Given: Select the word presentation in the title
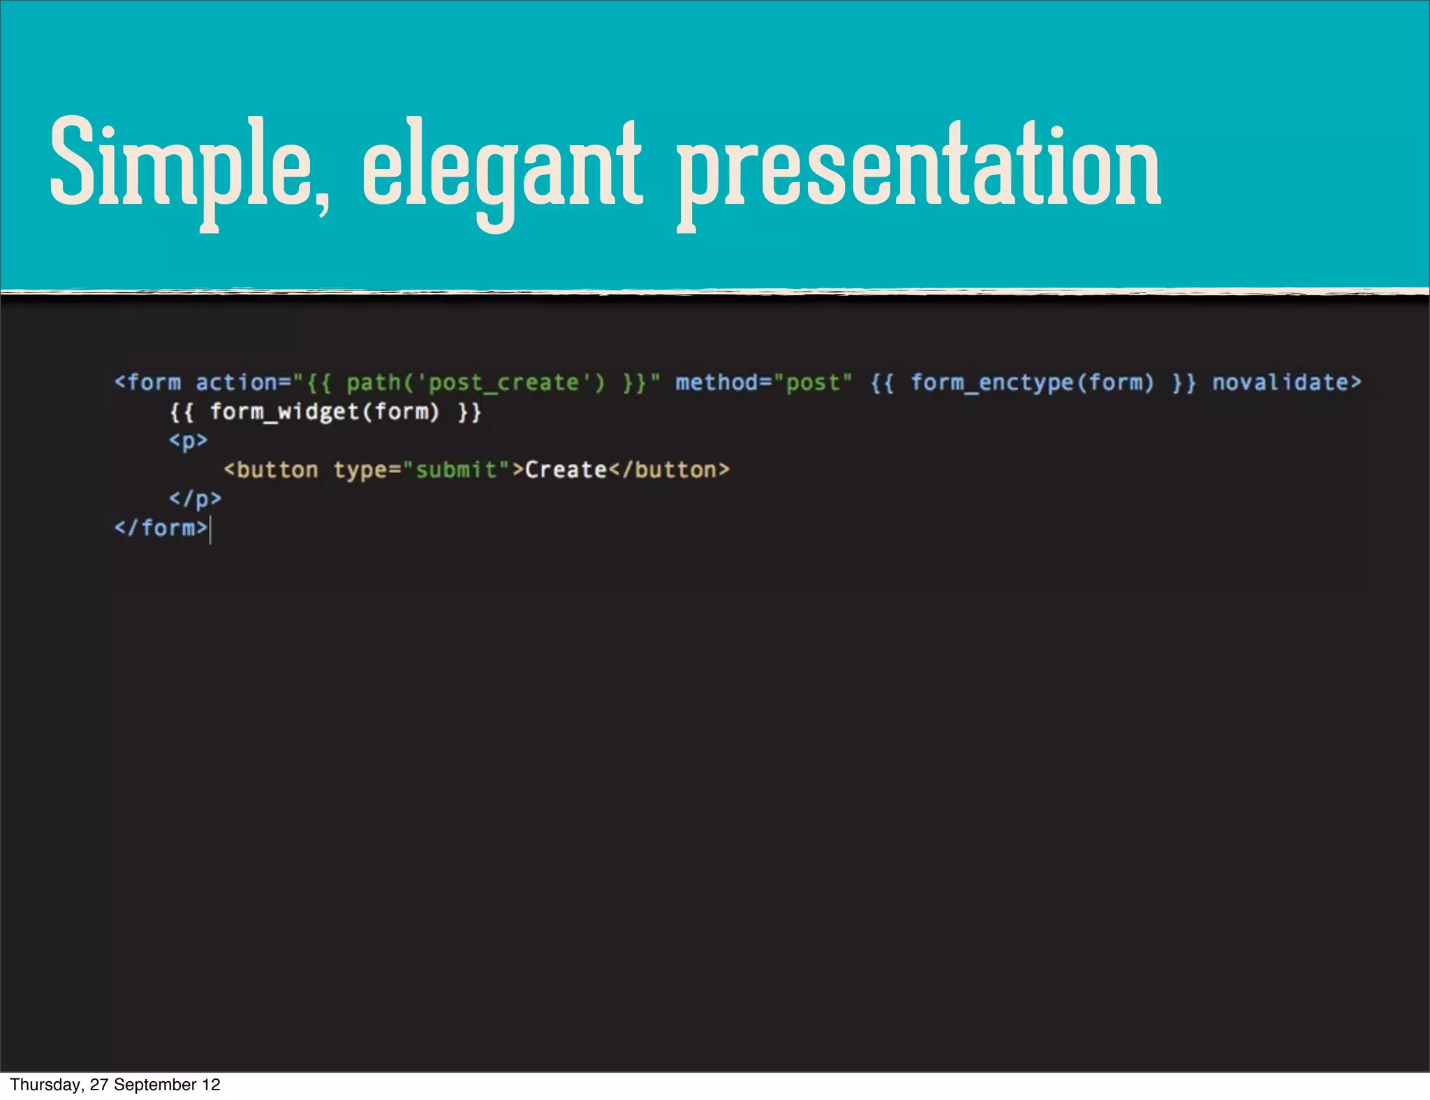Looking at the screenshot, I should (919, 168).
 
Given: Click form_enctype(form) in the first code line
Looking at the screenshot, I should (1032, 382).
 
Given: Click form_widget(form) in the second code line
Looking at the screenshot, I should (325, 412).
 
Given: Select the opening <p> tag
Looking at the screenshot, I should (188, 441).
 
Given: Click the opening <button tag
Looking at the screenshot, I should (271, 470).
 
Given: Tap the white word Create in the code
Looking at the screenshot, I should (566, 470).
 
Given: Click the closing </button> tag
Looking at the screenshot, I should (669, 470).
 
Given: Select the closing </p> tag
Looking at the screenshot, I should (195, 499).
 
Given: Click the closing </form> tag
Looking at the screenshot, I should (161, 528).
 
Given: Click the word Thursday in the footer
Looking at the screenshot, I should (45, 1085).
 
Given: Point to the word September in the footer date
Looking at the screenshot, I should (156, 1085).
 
